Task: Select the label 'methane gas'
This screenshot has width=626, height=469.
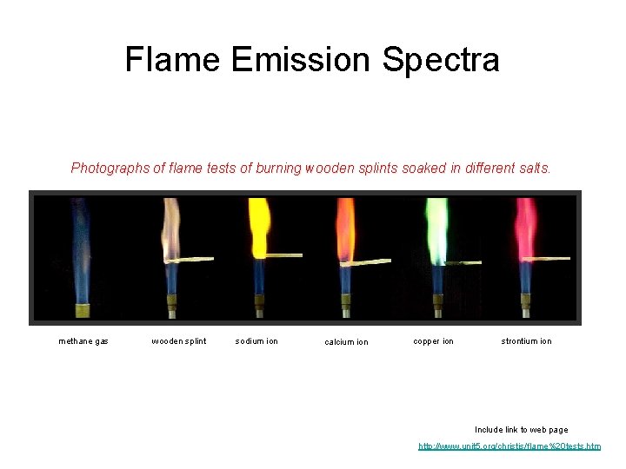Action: pos(83,341)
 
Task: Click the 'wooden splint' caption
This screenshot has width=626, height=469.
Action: pos(179,341)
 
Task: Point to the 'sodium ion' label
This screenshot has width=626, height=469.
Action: pos(256,341)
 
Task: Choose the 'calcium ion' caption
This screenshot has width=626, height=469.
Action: pos(346,342)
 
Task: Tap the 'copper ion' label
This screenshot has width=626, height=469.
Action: pos(433,341)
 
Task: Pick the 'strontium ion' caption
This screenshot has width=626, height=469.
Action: pos(526,341)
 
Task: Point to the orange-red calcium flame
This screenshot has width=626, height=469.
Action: pos(345,230)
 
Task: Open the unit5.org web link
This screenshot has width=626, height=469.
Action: pos(509,446)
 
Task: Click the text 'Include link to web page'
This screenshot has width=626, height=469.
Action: pos(521,430)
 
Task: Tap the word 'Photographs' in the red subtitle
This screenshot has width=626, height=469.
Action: pos(110,168)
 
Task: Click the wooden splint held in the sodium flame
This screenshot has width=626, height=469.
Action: pos(283,255)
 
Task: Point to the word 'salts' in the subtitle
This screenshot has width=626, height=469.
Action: pos(532,168)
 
